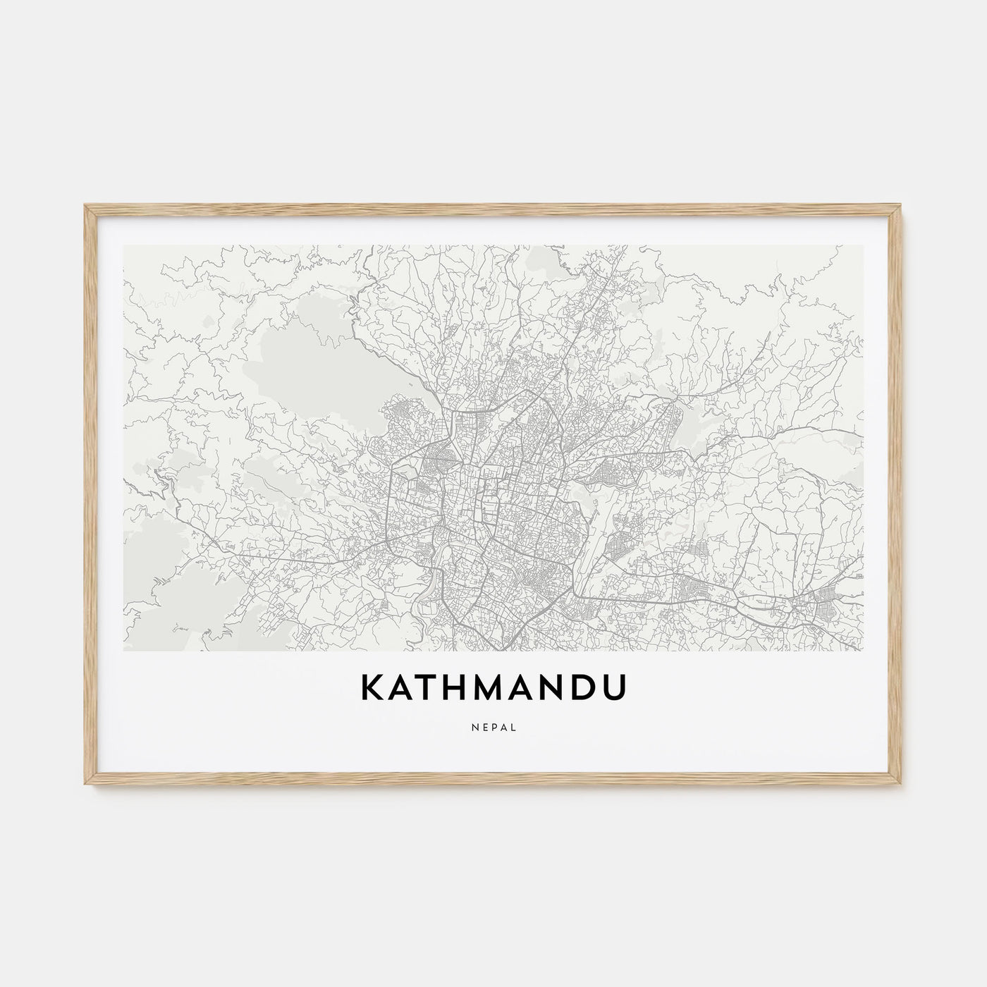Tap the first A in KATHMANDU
404,689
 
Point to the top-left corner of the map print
124,246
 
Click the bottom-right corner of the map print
863,650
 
